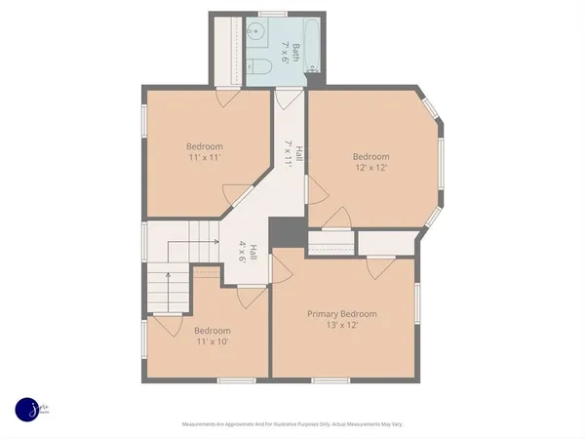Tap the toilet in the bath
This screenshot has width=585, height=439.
coord(259,66)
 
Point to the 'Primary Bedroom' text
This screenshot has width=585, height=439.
coord(342,313)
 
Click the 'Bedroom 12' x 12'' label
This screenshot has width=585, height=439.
coord(370,162)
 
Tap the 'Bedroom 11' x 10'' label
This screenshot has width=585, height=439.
coord(213,336)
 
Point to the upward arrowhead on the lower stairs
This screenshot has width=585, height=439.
coord(168,276)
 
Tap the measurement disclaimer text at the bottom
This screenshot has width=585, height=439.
coord(292,424)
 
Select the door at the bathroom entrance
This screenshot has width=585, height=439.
coord(288,98)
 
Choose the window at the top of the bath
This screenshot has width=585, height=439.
coord(272,15)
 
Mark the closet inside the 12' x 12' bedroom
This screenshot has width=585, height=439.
coord(331,242)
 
